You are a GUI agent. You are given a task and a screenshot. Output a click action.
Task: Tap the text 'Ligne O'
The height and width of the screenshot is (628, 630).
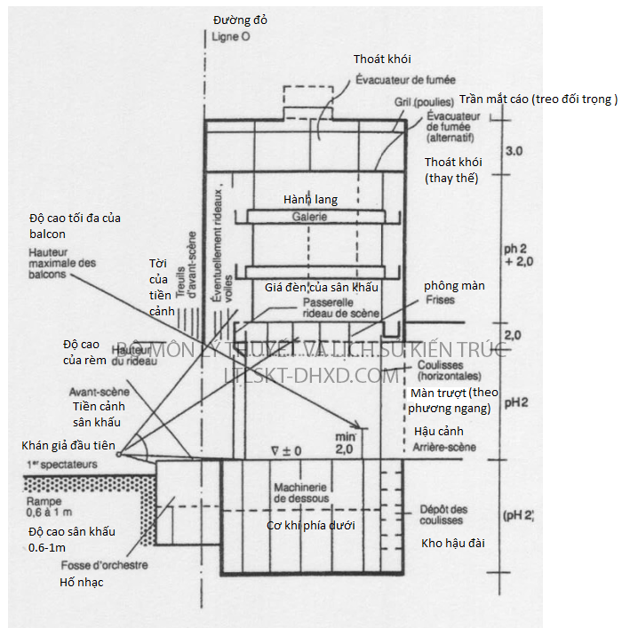tap(232, 38)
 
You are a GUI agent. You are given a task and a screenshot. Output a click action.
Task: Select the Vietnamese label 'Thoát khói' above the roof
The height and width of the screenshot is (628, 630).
tap(381, 59)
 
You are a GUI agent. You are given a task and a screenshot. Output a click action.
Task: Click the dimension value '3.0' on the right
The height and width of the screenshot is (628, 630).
tap(514, 152)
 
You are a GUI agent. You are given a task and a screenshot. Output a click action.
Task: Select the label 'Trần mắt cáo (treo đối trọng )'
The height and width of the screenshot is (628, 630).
tap(538, 99)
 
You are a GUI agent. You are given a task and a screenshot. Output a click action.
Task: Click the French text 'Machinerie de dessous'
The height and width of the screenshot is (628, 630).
tap(300, 492)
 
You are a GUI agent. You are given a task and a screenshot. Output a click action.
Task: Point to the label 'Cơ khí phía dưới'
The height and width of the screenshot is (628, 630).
tap(311, 526)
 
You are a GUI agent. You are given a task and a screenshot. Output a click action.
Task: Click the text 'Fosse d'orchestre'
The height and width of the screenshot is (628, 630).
tap(104, 565)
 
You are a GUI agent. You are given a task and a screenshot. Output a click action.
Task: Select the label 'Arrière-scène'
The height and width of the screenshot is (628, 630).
tap(444, 447)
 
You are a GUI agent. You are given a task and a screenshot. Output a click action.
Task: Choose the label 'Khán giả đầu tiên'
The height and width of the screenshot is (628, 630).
tap(68, 445)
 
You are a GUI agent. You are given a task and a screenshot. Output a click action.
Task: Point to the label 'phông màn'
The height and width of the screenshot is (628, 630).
tap(454, 285)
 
